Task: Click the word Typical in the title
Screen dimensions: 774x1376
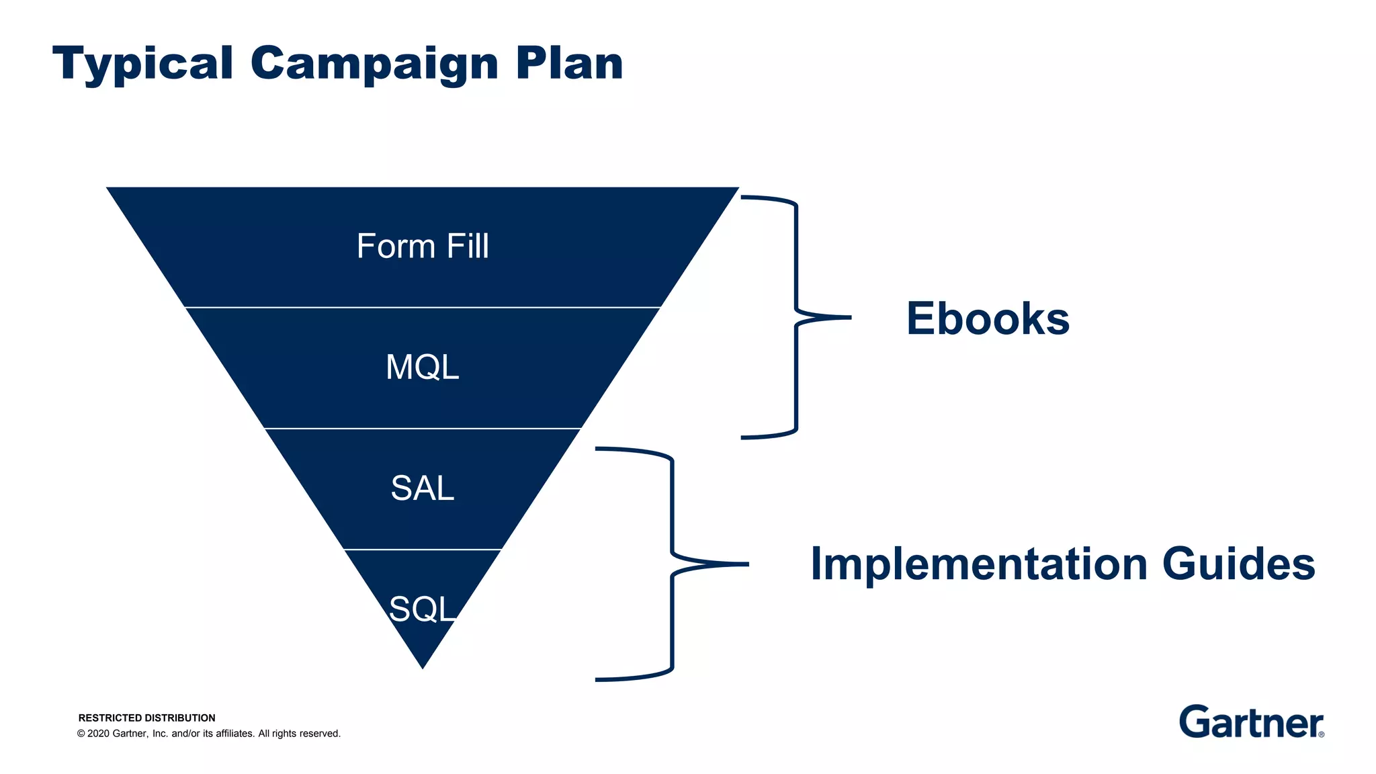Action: tap(142, 64)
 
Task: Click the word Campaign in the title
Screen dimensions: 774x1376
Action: tap(374, 64)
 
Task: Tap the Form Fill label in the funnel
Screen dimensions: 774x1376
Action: tap(423, 247)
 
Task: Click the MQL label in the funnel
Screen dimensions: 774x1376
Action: tap(423, 368)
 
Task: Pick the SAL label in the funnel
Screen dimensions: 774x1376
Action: tap(423, 488)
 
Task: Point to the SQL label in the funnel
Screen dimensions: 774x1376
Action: tap(423, 609)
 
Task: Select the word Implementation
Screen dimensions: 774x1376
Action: tap(978, 564)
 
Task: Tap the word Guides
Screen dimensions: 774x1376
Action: tap(1238, 564)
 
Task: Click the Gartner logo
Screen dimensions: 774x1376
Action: tap(1250, 722)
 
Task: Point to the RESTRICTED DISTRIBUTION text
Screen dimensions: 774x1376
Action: tap(146, 718)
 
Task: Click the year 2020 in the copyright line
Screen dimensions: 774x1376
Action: tap(98, 734)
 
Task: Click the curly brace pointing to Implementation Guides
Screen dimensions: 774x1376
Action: tap(672, 564)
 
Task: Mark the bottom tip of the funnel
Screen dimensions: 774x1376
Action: tap(423, 667)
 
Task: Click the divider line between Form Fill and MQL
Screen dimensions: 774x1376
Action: tap(423, 308)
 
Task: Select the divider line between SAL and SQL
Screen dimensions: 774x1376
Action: tap(423, 550)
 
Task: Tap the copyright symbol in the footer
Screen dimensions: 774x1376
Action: tap(81, 734)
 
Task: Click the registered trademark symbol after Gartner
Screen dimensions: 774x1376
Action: tap(1321, 734)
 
